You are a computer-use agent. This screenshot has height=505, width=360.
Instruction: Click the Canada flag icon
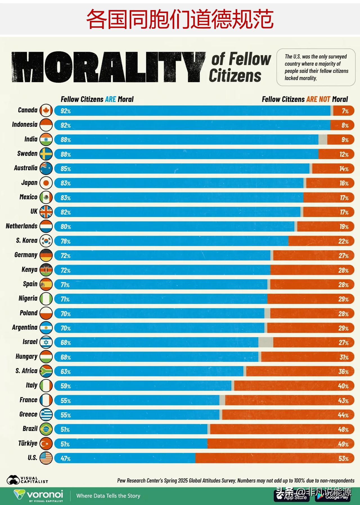pos(46,111)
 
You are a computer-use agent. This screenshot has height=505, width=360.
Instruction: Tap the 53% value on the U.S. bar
pos(343,459)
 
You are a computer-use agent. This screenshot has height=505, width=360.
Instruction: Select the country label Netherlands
pos(22,226)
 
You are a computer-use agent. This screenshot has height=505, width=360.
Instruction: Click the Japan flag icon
pos(46,183)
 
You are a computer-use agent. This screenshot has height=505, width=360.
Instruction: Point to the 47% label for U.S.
pos(66,459)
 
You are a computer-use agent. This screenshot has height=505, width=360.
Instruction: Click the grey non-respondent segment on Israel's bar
pos(265,342)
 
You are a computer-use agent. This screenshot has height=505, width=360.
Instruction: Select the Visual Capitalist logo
pos(27,480)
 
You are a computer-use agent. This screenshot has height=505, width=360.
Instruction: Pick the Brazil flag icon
pos(46,429)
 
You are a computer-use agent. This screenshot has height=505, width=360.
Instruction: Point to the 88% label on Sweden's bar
pos(66,154)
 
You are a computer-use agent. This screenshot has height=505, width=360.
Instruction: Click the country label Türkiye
pos(28,443)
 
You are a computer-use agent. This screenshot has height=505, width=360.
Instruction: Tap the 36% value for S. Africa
pos(343,372)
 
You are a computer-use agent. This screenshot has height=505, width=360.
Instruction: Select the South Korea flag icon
pos(46,241)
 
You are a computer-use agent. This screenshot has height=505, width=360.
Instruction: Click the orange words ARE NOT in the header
pos(318,99)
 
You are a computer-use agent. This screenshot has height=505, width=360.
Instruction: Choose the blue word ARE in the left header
pos(111,99)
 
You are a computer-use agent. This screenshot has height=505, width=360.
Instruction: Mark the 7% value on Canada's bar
pos(345,111)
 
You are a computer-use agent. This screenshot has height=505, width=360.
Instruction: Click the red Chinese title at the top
pos(180,19)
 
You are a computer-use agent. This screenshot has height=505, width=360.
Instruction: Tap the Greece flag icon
pos(46,415)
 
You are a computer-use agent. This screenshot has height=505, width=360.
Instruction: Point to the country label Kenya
pos(29,270)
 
